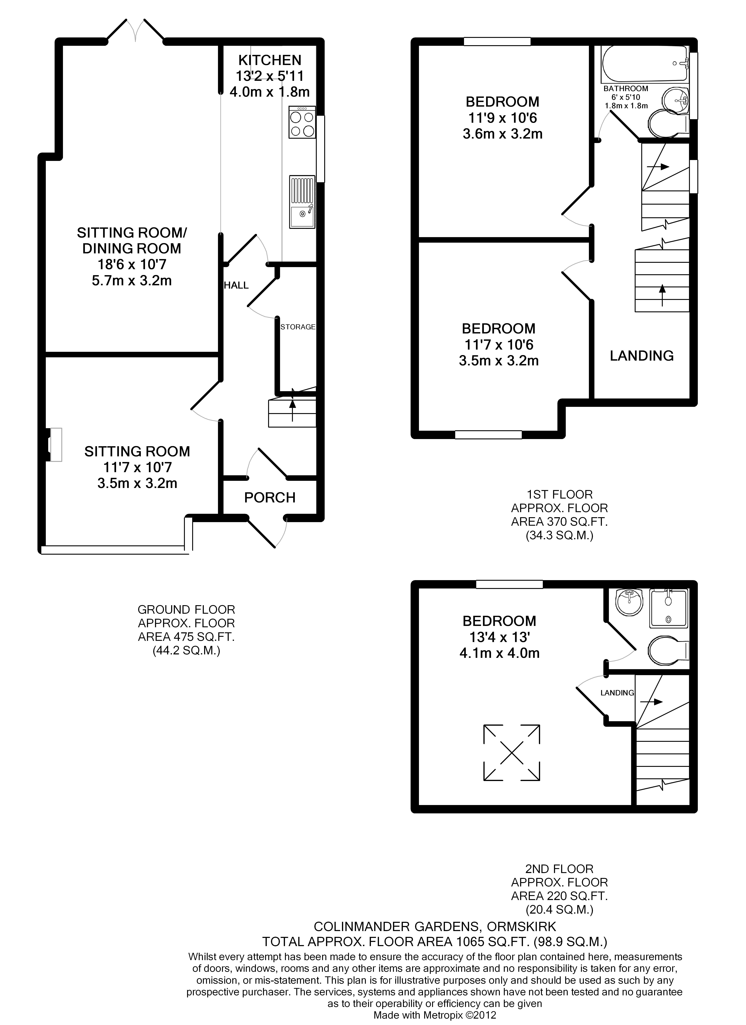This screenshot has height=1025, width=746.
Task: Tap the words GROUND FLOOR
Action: pyautogui.click(x=186, y=610)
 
